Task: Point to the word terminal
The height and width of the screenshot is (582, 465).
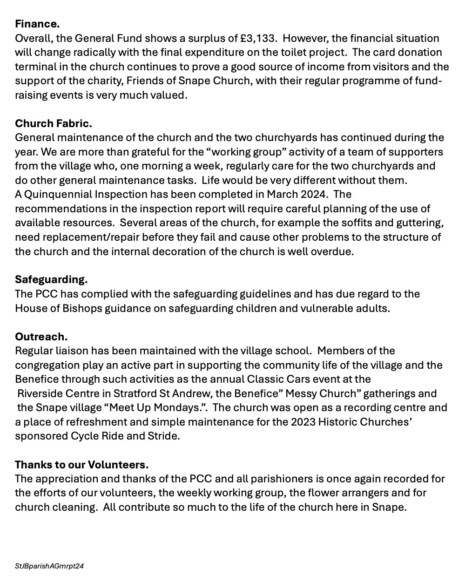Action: [x=34, y=67]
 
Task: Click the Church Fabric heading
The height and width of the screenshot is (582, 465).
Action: [x=54, y=123]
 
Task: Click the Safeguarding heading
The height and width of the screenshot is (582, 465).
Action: [x=51, y=279]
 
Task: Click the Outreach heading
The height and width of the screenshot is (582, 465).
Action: [x=41, y=336]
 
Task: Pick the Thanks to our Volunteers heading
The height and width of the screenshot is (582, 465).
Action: [x=81, y=465]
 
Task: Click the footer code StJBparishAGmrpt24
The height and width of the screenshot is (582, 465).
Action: [x=49, y=566]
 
